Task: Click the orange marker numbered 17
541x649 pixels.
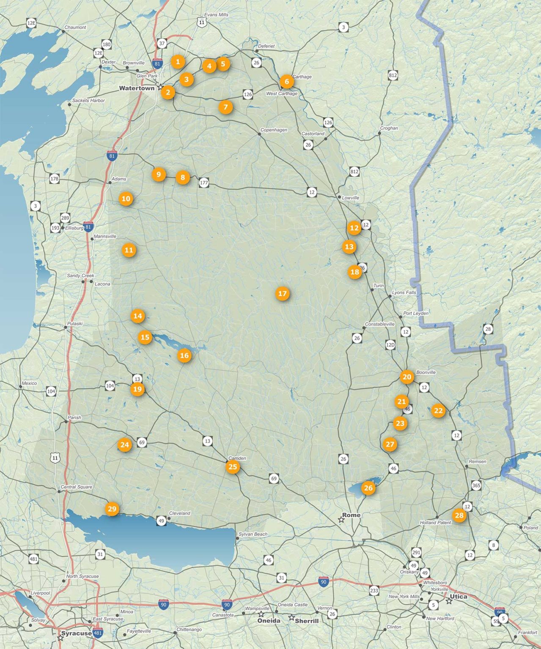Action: (282, 294)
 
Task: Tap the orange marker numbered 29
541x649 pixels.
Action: (112, 509)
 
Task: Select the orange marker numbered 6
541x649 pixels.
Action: (286, 82)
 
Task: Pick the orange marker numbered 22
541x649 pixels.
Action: (438, 411)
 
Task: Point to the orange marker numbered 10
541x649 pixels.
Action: (126, 199)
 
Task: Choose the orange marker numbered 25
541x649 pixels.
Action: (233, 467)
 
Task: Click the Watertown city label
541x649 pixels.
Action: (137, 88)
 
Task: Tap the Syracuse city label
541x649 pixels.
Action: (76, 633)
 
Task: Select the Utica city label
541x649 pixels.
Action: (458, 597)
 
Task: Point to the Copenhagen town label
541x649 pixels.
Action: (274, 130)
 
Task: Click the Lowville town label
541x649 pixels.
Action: (350, 198)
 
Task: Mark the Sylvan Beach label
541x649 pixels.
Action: (253, 534)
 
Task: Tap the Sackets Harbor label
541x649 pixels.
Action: (88, 101)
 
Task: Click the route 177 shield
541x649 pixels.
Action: (204, 183)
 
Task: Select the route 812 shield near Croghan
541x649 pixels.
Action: (393, 76)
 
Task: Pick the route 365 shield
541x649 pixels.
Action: (476, 485)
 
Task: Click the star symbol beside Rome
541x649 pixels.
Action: (341, 520)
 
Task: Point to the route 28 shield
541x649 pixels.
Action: (488, 329)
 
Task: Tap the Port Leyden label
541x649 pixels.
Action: (415, 313)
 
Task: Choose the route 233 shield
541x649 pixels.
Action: (374, 591)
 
